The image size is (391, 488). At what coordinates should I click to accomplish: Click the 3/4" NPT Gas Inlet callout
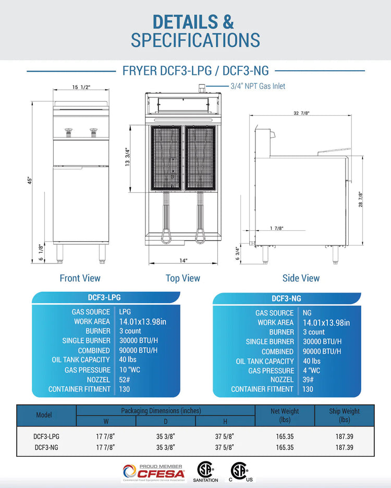pos(258,86)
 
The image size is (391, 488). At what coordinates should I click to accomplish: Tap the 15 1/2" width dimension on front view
pos(81,87)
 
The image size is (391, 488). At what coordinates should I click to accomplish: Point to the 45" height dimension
pos(30,181)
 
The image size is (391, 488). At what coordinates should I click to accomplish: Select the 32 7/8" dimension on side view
pos(301,113)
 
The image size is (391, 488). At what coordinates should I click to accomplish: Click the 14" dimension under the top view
pos(183,260)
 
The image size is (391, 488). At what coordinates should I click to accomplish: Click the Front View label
pos(80,278)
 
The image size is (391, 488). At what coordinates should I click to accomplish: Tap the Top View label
pos(183,278)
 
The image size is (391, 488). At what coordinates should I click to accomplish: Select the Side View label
pos(301,278)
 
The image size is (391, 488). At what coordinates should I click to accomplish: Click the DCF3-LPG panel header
pos(104,297)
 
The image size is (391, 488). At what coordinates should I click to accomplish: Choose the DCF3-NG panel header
pos(286,298)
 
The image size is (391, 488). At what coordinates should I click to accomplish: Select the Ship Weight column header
pos(344,415)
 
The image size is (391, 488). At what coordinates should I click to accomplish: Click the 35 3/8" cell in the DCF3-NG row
pos(165,447)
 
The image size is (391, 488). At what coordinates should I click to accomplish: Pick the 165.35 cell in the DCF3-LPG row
pos(285,436)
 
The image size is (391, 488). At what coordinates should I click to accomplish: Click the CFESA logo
pos(154,472)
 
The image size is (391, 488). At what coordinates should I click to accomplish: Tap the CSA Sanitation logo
pos(205,472)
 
